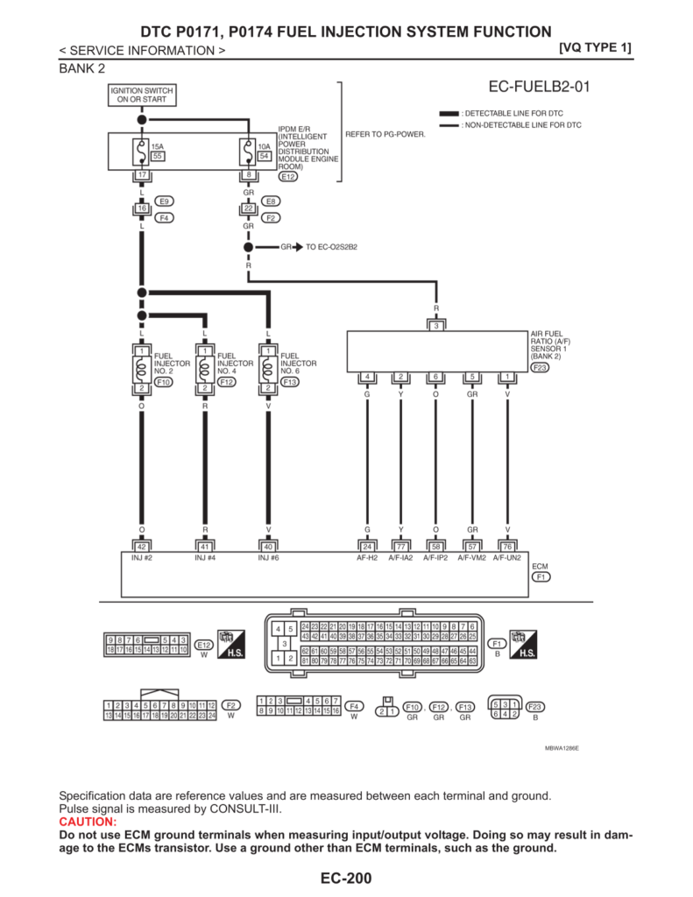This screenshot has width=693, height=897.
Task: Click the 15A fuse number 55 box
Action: click(159, 156)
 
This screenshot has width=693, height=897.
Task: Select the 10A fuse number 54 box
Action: click(264, 156)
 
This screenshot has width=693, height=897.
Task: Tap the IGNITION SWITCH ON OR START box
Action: click(141, 95)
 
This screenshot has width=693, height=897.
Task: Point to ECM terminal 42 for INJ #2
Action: click(141, 547)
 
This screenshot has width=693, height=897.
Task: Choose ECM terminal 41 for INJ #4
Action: click(204, 547)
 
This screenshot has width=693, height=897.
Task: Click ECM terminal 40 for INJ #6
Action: click(268, 547)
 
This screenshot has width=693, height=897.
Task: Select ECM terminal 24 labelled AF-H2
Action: click(368, 547)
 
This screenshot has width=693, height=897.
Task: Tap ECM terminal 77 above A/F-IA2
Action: click(400, 547)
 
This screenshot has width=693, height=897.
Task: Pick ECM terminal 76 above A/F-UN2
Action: click(507, 547)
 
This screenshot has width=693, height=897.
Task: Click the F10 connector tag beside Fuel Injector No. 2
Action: click(163, 382)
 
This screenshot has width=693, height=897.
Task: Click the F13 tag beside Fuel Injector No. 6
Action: click(290, 382)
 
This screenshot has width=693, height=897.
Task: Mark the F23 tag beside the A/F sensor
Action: click(541, 368)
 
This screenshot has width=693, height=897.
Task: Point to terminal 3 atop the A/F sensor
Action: click(435, 326)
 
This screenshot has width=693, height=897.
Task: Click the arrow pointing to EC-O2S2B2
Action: click(298, 247)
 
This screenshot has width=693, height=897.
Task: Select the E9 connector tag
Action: click(164, 201)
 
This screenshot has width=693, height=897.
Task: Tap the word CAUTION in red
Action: click(87, 822)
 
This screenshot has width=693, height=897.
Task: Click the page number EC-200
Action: click(346, 878)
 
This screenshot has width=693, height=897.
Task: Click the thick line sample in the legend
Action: click(449, 115)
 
